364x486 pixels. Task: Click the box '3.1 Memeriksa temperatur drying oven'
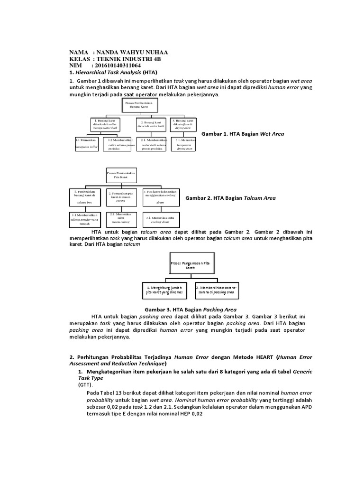184,144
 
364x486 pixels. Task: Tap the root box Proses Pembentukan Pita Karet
121,176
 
